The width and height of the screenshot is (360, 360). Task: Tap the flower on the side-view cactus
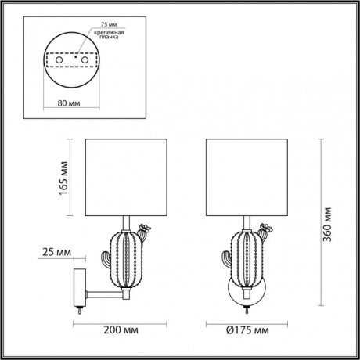point(143,230)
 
